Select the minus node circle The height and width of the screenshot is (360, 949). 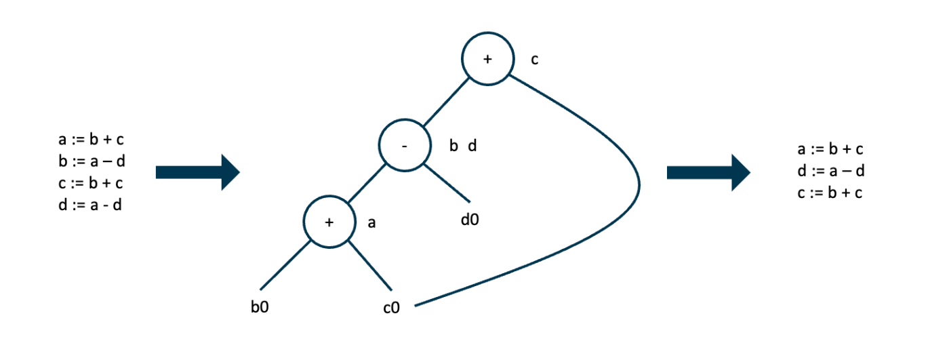(404, 146)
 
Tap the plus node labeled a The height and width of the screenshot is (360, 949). (329, 222)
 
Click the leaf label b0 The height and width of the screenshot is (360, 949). (260, 306)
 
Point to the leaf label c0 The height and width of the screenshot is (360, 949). (391, 308)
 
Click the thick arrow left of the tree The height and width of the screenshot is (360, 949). (197, 172)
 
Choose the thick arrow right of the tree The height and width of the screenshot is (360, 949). (708, 172)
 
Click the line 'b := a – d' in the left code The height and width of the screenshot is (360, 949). (92, 161)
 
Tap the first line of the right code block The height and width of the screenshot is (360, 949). (830, 149)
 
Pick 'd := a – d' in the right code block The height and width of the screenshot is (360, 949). (831, 171)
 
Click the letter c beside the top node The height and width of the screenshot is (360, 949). (535, 60)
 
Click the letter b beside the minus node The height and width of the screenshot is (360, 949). (453, 146)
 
